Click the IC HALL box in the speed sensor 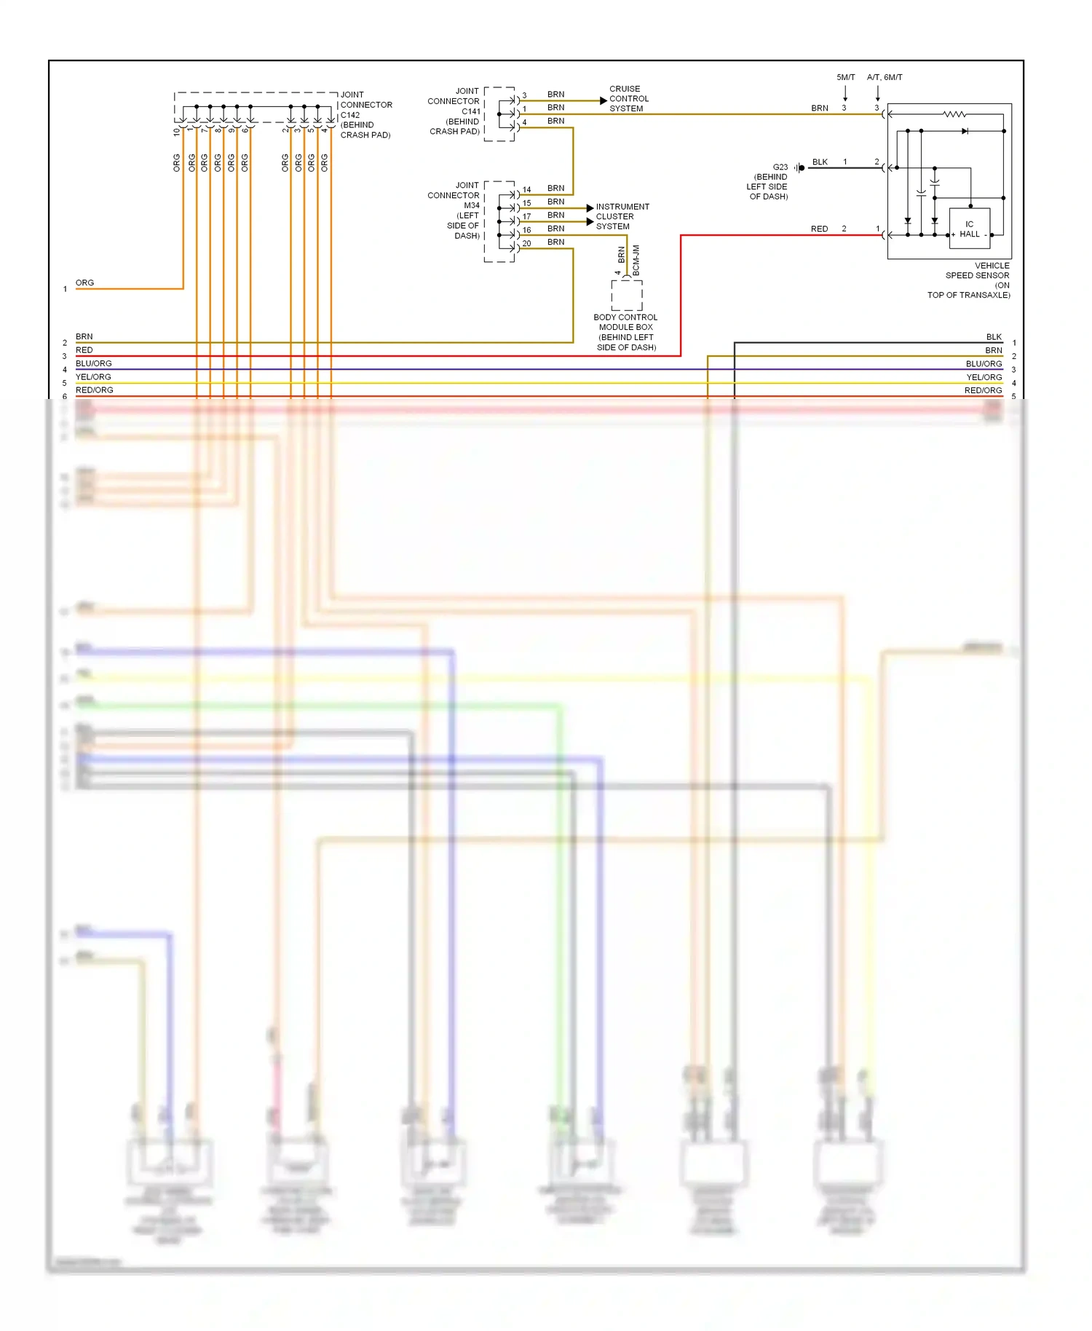(x=969, y=229)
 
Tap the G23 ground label (x=780, y=167)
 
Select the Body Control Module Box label (x=625, y=332)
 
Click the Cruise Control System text (x=628, y=99)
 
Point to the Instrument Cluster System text (x=622, y=216)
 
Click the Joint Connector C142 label (x=365, y=114)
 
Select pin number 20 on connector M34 (x=526, y=243)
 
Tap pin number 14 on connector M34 (x=526, y=189)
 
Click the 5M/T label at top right (x=845, y=77)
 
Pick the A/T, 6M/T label (x=884, y=77)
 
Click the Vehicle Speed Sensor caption (x=972, y=280)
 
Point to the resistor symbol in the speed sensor (x=954, y=114)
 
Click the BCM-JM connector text (x=636, y=260)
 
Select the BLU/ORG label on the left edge (x=94, y=363)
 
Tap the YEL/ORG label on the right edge (x=984, y=377)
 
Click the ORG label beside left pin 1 (x=84, y=283)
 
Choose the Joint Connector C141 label (x=454, y=111)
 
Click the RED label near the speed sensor (x=819, y=229)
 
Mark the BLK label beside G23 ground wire (x=820, y=162)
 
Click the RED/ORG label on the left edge (x=95, y=390)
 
